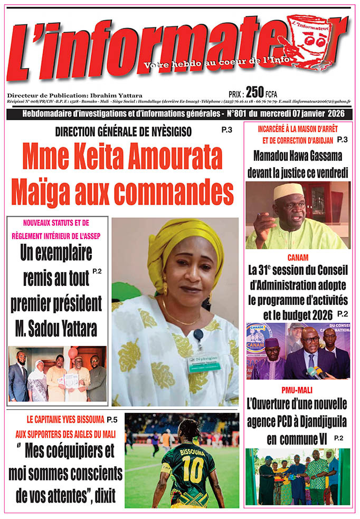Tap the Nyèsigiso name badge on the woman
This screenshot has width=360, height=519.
point(204,363)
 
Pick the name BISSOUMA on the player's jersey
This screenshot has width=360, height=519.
point(190,452)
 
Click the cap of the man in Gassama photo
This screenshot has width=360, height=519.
point(288,190)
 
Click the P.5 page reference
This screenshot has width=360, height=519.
point(111,420)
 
